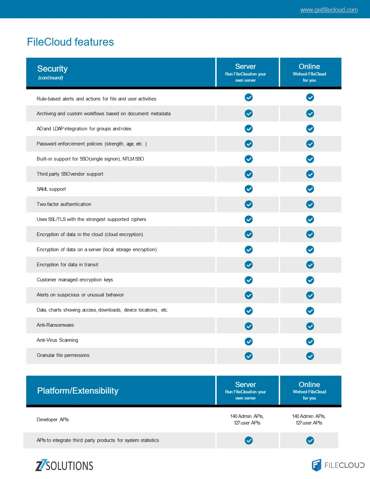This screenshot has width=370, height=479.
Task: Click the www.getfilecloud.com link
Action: click(x=329, y=10)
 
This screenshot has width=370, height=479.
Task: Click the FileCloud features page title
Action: click(x=70, y=42)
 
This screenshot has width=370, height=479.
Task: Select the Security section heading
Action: click(x=52, y=69)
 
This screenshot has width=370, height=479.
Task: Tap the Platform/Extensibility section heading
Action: click(x=78, y=391)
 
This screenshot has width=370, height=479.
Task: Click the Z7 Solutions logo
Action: click(x=64, y=465)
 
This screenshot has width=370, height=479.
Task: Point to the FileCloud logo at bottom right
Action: click(x=338, y=465)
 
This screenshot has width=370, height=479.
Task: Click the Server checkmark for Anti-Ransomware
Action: click(x=249, y=326)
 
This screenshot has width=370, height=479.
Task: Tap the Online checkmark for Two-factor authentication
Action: click(x=310, y=204)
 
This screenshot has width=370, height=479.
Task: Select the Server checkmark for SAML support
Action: click(x=249, y=189)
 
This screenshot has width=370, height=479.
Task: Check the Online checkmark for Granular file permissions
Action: click(x=310, y=356)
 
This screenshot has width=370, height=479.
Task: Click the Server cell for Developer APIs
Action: click(x=247, y=420)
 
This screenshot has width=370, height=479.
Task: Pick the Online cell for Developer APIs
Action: click(x=309, y=420)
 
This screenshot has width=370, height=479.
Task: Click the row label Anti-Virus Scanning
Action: click(x=57, y=340)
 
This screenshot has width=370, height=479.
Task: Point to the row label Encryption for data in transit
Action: click(x=67, y=265)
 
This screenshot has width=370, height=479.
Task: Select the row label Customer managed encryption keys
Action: click(x=75, y=280)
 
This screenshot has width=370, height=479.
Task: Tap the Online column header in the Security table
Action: click(x=309, y=73)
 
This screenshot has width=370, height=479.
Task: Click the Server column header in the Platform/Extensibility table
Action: click(x=246, y=390)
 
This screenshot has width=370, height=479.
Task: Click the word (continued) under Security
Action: click(x=51, y=78)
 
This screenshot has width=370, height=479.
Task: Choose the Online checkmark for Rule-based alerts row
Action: click(x=310, y=98)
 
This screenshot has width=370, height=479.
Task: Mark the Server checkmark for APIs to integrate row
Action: click(x=249, y=440)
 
